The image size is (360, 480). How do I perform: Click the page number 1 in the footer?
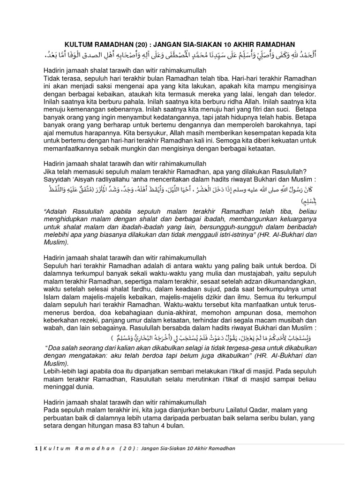click(37, 449)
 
